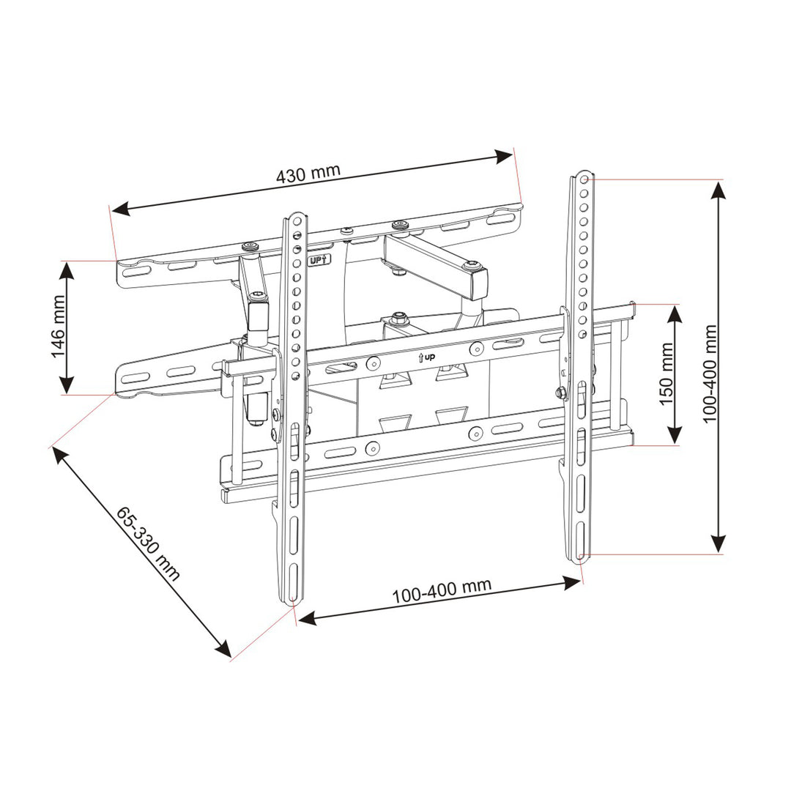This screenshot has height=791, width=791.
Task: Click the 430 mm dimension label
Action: (x=308, y=174)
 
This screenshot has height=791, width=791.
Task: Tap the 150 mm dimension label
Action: (x=666, y=374)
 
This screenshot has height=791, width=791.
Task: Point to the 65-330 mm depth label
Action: (x=147, y=541)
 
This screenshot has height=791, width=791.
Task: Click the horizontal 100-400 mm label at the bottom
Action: (x=441, y=590)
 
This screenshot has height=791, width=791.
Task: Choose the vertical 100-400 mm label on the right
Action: (x=708, y=373)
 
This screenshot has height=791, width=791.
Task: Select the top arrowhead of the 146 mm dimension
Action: (x=66, y=270)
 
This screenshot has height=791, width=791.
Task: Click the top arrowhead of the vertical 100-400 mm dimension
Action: (x=719, y=190)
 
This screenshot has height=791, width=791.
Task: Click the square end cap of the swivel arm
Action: (x=478, y=284)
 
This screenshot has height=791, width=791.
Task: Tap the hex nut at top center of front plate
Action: (x=399, y=319)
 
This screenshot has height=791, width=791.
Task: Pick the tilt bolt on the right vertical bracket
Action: (x=562, y=393)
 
